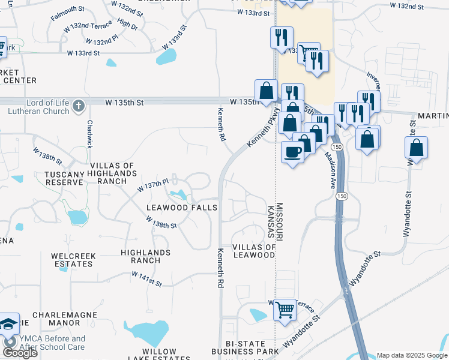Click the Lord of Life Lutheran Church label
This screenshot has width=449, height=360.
pyautogui.click(x=38, y=106)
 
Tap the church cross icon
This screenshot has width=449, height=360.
pyautogui.click(x=78, y=107)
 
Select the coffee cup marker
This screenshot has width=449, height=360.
pyautogui.click(x=292, y=152)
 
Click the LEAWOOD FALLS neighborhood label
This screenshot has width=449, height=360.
pyautogui.click(x=182, y=207)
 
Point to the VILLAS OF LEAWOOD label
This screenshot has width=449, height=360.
pyautogui.click(x=254, y=251)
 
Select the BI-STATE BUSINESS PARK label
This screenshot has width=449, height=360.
pyautogui.click(x=248, y=347)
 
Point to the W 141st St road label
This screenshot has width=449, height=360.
pyautogui.click(x=147, y=278)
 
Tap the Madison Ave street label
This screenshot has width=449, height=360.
pyautogui.click(x=330, y=169)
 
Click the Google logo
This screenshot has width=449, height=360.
pyautogui.click(x=20, y=353)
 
